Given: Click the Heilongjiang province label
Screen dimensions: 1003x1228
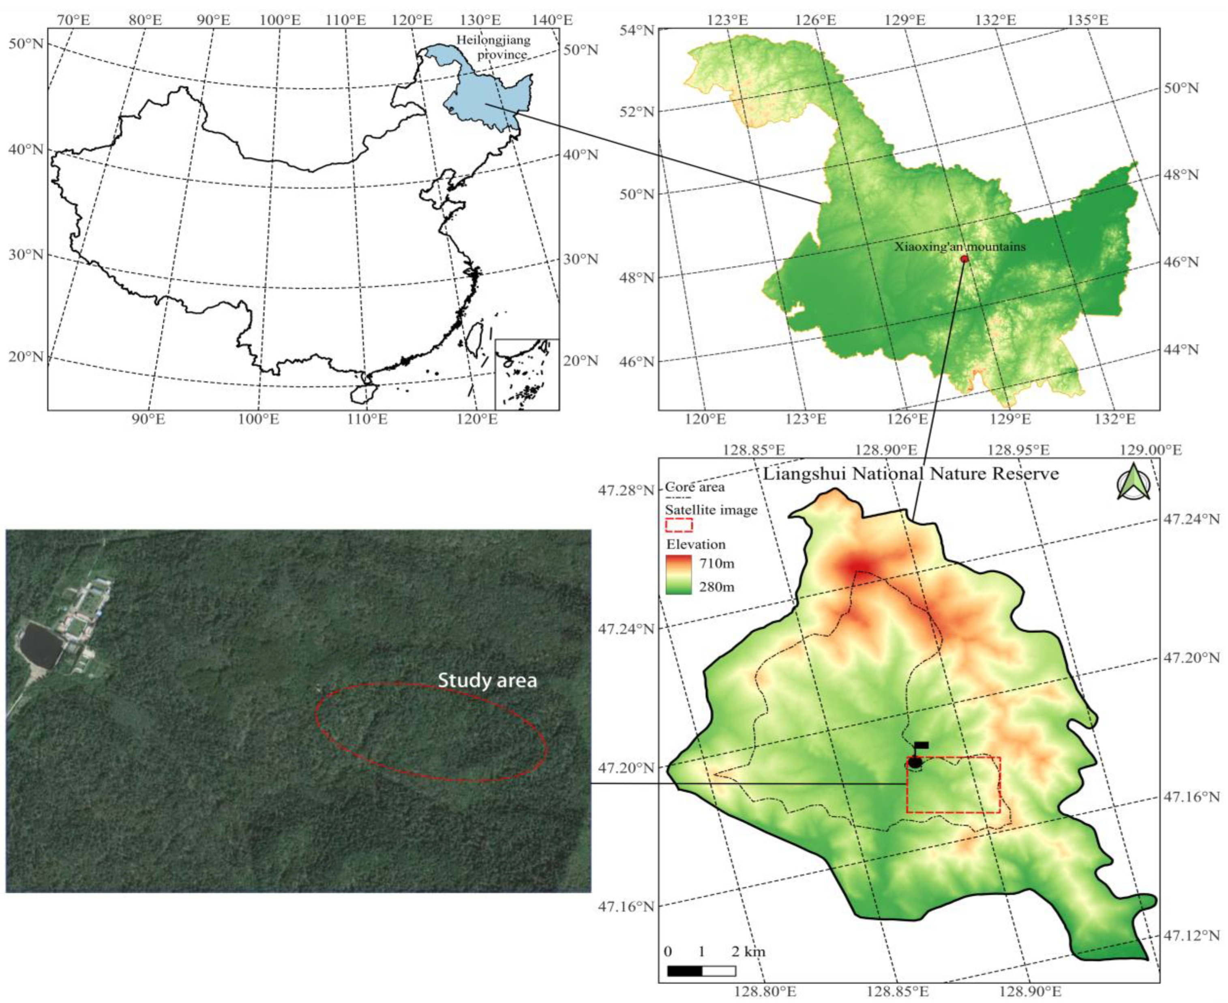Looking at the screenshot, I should coord(493,47).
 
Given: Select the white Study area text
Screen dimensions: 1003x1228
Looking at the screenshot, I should coord(487,681).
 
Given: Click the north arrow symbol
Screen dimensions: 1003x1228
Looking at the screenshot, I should coord(1133,482).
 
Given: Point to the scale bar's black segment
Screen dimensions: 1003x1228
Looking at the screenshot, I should coord(684,971).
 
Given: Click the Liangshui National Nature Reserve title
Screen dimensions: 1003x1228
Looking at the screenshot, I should coord(911,474).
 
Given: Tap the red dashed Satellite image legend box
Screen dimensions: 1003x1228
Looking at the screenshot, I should coord(679,524).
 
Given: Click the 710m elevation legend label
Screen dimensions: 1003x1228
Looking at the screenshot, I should coord(717,563).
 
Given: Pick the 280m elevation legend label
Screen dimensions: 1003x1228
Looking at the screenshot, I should coord(717,587).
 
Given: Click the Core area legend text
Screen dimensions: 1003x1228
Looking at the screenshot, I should coord(694,487).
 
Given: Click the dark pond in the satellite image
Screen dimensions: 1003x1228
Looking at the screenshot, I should coord(41,644).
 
